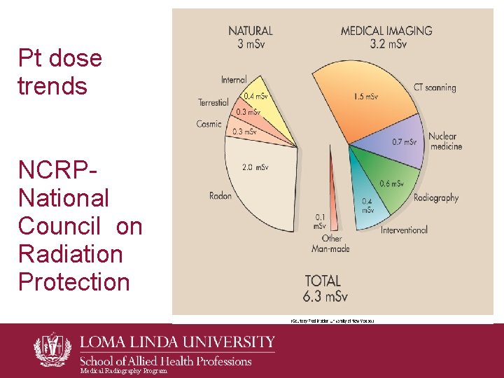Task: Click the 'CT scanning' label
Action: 434,87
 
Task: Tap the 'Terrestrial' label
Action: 213,102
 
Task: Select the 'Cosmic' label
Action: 209,124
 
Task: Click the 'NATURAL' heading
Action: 251,31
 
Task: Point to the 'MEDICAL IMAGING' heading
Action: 386,31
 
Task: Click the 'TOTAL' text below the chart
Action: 323,281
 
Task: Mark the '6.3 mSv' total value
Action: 325,297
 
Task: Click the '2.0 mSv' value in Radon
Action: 255,167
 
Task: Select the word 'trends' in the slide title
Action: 52,87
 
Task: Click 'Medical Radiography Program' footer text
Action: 124,371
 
